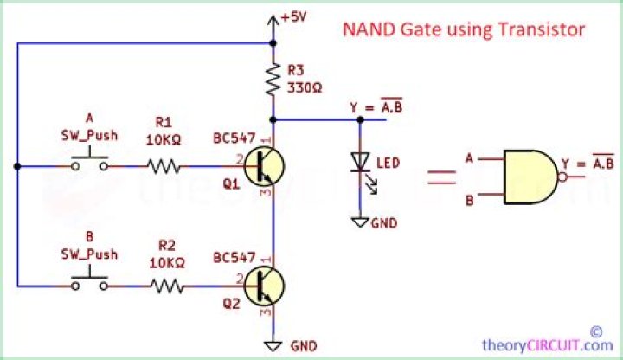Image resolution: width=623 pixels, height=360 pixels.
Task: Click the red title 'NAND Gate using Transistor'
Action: (x=465, y=30)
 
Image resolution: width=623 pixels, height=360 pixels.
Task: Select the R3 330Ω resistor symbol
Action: (x=273, y=80)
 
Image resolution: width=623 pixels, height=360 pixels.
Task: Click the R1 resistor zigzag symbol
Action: (x=164, y=164)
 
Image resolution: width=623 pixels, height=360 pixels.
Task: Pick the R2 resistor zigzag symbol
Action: (x=164, y=285)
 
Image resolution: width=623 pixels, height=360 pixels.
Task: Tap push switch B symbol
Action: (x=90, y=281)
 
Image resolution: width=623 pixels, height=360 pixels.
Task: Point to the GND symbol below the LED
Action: (x=360, y=222)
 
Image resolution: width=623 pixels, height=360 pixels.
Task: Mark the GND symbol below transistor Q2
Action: (x=273, y=344)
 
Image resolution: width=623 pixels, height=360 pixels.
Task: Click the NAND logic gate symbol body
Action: (x=530, y=178)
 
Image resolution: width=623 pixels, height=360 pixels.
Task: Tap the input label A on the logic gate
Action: (x=468, y=158)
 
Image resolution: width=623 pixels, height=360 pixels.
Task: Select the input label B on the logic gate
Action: (x=468, y=200)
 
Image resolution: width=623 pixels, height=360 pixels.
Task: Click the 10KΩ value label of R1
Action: (x=164, y=139)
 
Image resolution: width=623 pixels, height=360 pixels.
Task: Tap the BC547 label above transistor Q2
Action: (x=234, y=258)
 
